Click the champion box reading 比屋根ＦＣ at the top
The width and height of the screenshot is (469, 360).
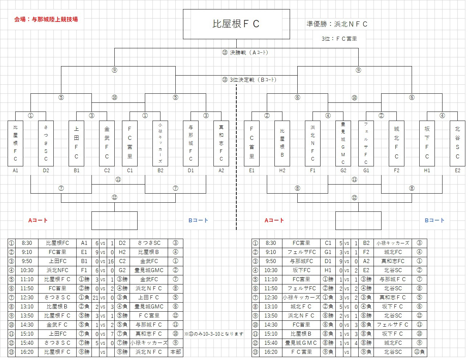click(x=236, y=24)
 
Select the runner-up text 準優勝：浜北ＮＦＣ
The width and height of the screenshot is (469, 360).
click(x=337, y=24)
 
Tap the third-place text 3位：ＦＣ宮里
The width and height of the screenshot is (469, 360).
click(x=339, y=39)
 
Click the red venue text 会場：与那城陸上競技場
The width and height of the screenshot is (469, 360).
click(x=46, y=19)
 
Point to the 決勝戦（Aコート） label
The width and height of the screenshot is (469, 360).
click(x=245, y=52)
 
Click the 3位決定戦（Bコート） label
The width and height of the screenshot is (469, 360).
click(x=250, y=80)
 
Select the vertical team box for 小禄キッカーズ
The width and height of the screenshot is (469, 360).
click(x=160, y=143)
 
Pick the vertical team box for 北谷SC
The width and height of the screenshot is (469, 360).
click(x=457, y=143)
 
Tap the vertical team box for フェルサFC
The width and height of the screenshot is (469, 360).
click(x=366, y=143)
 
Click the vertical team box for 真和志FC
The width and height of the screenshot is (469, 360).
click(x=221, y=143)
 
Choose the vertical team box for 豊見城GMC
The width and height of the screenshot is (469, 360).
click(x=343, y=143)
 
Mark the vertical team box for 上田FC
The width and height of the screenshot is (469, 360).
click(x=76, y=143)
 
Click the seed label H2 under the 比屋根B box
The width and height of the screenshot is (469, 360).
click(x=282, y=170)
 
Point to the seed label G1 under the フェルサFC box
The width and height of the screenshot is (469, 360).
click(x=366, y=170)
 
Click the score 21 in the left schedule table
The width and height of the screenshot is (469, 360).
click(x=96, y=298)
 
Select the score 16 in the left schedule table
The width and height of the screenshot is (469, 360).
click(x=111, y=261)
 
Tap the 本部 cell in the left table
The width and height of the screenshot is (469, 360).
click(x=175, y=352)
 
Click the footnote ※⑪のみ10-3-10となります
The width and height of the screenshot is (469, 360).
click(x=214, y=334)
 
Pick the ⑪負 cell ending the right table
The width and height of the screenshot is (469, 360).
click(x=419, y=352)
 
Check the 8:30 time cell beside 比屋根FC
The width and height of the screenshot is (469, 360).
click(x=26, y=243)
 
